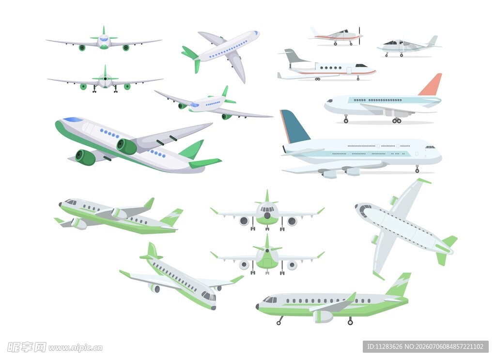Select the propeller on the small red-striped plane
[360, 35]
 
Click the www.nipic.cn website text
[76, 348]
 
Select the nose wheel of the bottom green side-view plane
[279, 322]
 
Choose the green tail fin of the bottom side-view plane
[399, 285]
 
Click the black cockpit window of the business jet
[361, 66]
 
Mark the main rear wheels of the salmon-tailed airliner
[397, 121]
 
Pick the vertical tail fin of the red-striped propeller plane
[315, 32]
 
